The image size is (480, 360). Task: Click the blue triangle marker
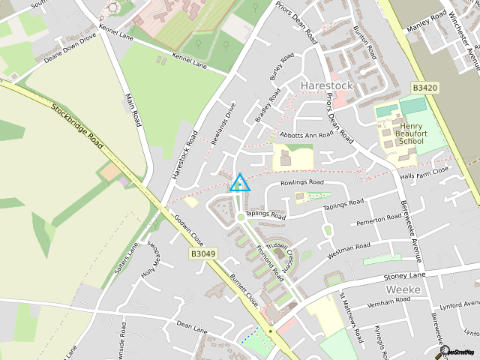(x=239, y=183)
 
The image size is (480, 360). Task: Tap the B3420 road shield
(x=424, y=88)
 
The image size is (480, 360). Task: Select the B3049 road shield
(x=202, y=255)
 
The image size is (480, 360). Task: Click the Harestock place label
(x=325, y=86)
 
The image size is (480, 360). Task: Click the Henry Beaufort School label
(x=412, y=133)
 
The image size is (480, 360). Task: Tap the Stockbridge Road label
(x=77, y=124)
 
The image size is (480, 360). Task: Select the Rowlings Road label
(x=301, y=182)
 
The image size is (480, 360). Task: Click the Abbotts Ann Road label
(x=306, y=135)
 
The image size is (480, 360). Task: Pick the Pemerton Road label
(x=379, y=220)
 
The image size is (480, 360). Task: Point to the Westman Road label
(x=348, y=247)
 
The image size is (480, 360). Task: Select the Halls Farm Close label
(x=424, y=172)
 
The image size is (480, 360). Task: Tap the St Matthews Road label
(x=352, y=314)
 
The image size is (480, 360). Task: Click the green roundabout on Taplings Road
(x=240, y=217)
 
